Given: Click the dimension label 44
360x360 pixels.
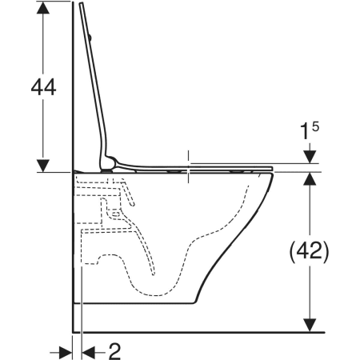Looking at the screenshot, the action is coord(43,87).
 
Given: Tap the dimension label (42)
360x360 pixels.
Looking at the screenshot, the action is coord(310,252).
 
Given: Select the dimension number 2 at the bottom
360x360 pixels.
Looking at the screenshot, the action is coord(114,352).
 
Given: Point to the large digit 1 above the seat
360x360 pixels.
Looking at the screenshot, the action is coord(305,132).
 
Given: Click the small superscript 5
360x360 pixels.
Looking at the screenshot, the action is coord(315,126).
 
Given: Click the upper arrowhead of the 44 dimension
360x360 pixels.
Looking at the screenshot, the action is coord(43,7).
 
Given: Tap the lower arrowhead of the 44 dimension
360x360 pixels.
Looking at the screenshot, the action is coord(43,166).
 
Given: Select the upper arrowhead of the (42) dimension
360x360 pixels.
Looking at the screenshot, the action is coord(310,178).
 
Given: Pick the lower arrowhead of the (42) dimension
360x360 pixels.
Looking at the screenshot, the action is coord(310,326).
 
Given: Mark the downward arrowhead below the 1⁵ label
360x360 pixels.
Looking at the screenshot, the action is coord(310,157).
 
